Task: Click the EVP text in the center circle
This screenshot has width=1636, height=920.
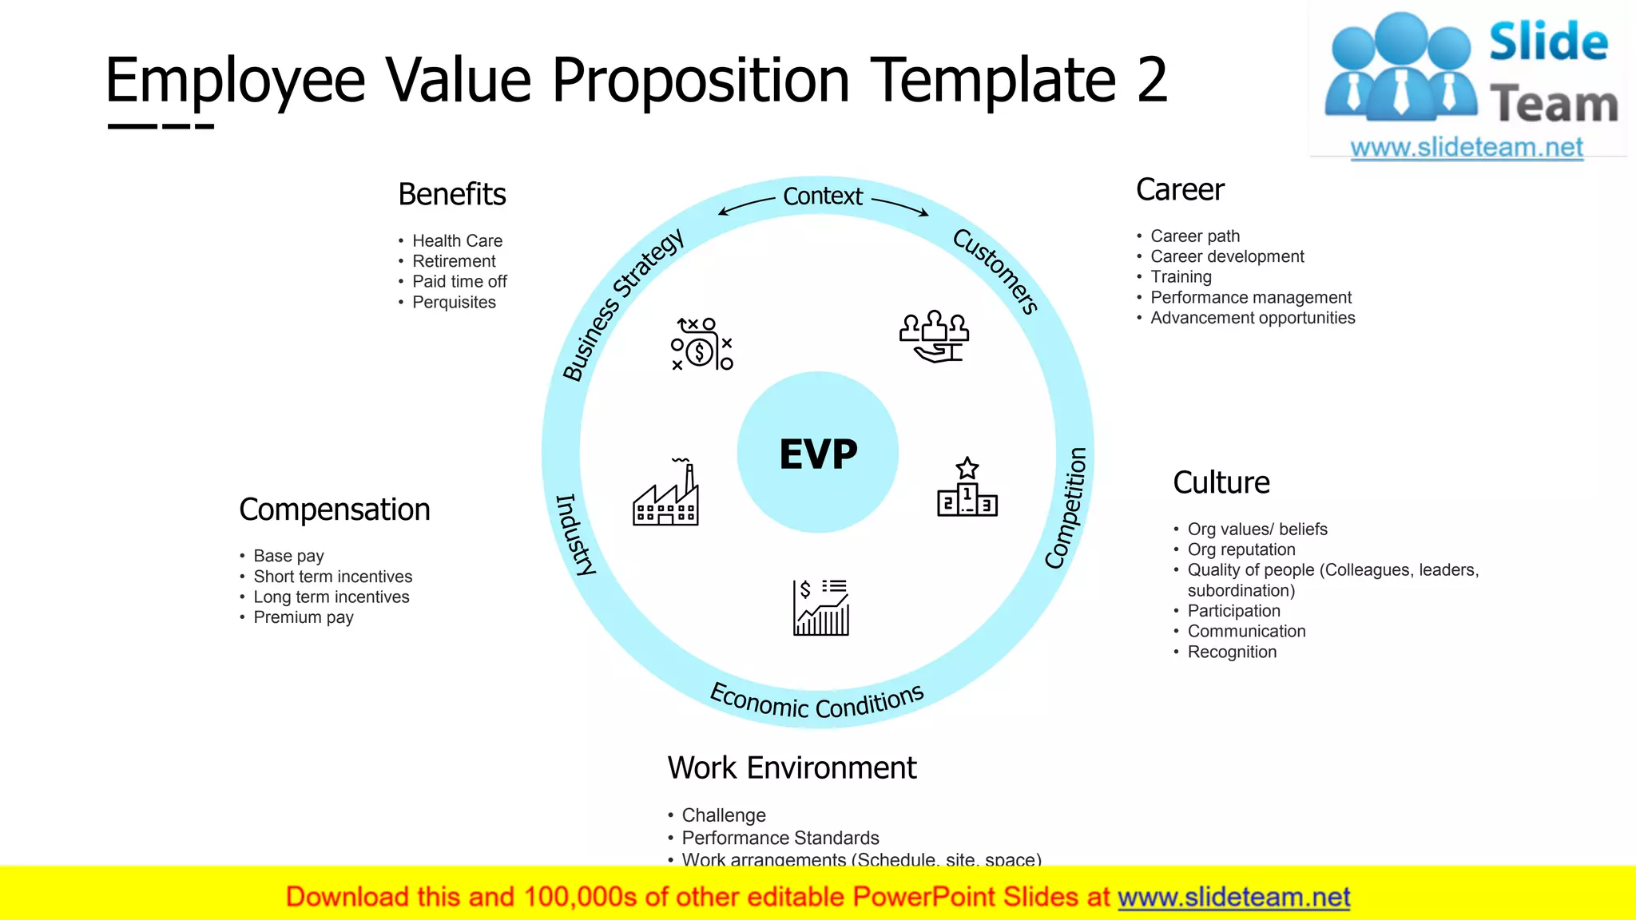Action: tap(818, 454)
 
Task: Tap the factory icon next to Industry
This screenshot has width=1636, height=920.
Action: tap(665, 493)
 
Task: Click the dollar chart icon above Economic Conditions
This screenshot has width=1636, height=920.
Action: tap(821, 607)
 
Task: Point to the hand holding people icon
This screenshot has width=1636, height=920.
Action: tap(934, 336)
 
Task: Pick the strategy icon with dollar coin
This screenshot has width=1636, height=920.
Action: tap(701, 344)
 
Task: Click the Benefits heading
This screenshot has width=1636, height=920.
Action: tap(452, 194)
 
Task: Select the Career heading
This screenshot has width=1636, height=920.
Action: tap(1180, 190)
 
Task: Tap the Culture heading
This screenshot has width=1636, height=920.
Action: tap(1221, 482)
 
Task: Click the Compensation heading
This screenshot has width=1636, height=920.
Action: tap(334, 510)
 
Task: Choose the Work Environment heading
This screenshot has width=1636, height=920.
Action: tap(792, 767)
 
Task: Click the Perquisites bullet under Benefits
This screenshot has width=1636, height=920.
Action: tap(454, 303)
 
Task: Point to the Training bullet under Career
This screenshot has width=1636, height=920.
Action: tap(1181, 277)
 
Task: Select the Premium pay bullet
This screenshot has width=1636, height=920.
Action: tap(304, 617)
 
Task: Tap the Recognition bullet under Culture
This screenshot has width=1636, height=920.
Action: tap(1232, 652)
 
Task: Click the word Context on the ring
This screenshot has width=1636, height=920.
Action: tap(823, 196)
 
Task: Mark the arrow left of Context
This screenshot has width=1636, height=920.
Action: tap(746, 206)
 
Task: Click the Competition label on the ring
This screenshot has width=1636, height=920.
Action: tap(1067, 508)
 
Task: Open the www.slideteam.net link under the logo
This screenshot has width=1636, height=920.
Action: tap(1467, 148)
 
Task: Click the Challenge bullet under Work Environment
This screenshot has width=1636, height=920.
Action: tap(723, 815)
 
